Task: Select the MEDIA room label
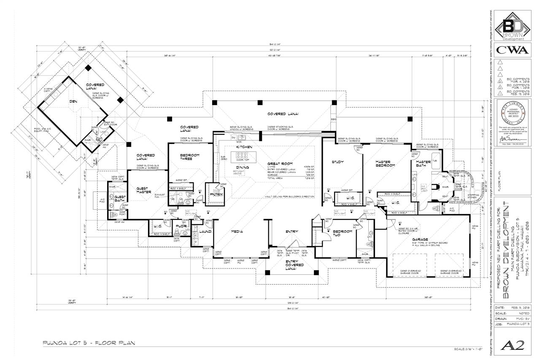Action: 236,231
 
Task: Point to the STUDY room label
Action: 338,162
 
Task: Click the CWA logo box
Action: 512,50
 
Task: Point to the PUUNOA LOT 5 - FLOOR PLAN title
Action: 89,343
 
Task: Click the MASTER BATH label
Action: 423,164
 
